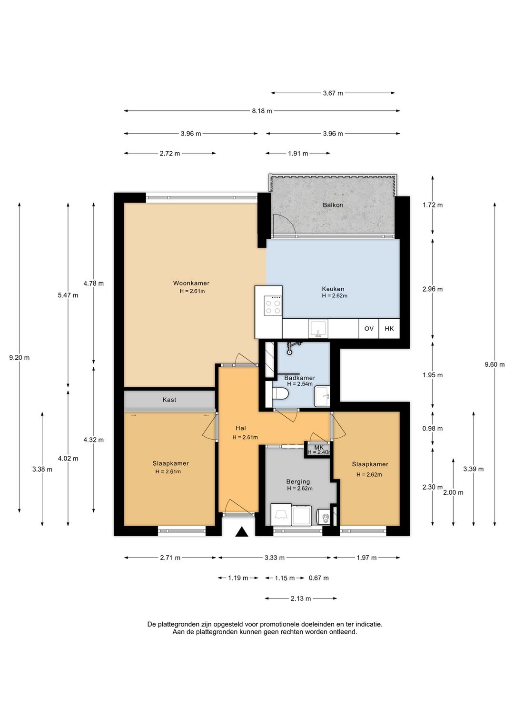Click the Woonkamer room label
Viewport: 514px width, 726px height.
(191, 283)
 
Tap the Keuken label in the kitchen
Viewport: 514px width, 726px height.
(333, 289)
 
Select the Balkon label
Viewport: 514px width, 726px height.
(333, 205)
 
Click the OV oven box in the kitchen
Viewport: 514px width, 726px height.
(369, 329)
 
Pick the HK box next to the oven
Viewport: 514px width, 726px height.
(389, 329)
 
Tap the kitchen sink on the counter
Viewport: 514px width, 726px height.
(318, 329)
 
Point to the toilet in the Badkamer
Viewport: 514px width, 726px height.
(280, 394)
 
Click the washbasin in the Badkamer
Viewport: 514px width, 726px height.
(322, 396)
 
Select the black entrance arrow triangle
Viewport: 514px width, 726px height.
(241, 532)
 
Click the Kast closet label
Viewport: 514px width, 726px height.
(169, 400)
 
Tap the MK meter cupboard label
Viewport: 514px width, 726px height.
(319, 448)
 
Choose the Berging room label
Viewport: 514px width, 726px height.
(298, 481)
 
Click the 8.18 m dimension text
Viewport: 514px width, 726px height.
(262, 111)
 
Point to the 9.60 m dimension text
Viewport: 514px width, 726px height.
(494, 364)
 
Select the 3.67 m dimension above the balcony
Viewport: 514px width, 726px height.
(333, 93)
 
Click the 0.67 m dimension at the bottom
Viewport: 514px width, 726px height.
(319, 578)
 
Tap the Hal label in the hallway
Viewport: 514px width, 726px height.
(241, 428)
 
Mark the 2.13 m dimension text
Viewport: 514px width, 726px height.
(301, 598)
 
